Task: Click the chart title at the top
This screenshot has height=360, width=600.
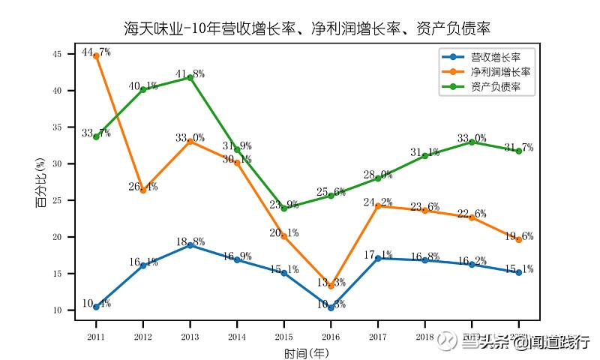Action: (x=307, y=29)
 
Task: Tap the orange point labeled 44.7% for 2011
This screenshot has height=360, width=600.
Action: (x=96, y=55)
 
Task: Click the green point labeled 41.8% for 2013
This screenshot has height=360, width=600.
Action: (x=190, y=76)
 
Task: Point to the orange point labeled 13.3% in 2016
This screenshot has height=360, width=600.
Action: (x=331, y=286)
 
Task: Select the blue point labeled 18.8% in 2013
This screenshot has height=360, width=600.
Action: (x=190, y=245)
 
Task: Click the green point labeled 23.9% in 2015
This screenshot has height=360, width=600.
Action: (x=284, y=208)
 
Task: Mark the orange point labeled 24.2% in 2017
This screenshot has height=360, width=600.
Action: (x=378, y=205)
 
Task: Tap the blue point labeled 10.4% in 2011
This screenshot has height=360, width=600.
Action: (x=96, y=307)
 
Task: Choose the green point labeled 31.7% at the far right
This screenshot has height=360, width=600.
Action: (x=519, y=151)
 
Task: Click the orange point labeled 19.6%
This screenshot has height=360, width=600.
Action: (x=519, y=239)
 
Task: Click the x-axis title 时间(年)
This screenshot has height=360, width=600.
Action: (x=307, y=352)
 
